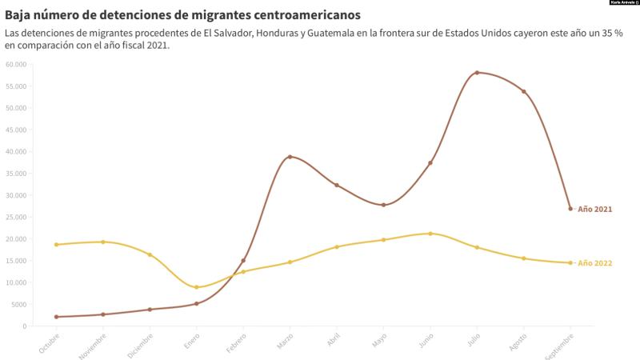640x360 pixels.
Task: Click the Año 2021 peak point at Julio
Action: coord(477,73)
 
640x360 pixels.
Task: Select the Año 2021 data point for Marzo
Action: coord(290,157)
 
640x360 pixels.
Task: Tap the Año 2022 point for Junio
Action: coord(430,234)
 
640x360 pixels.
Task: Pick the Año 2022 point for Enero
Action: coord(196,287)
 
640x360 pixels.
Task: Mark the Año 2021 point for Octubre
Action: coord(56,317)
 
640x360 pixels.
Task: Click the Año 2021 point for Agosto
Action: coord(524,91)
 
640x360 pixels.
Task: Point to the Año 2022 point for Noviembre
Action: coord(102,242)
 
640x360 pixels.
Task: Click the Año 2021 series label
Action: coord(594,210)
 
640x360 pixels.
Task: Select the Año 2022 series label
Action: coord(594,263)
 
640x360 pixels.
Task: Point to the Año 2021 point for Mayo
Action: coord(383,205)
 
